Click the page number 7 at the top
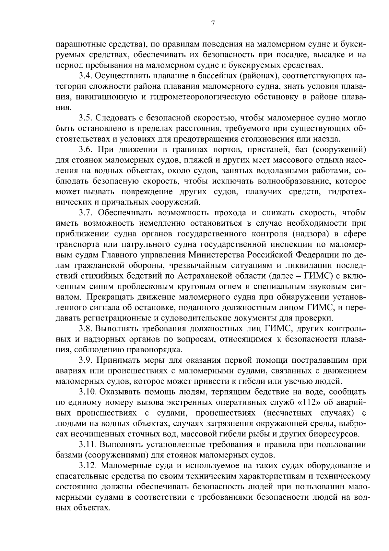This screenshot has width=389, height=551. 213,23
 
